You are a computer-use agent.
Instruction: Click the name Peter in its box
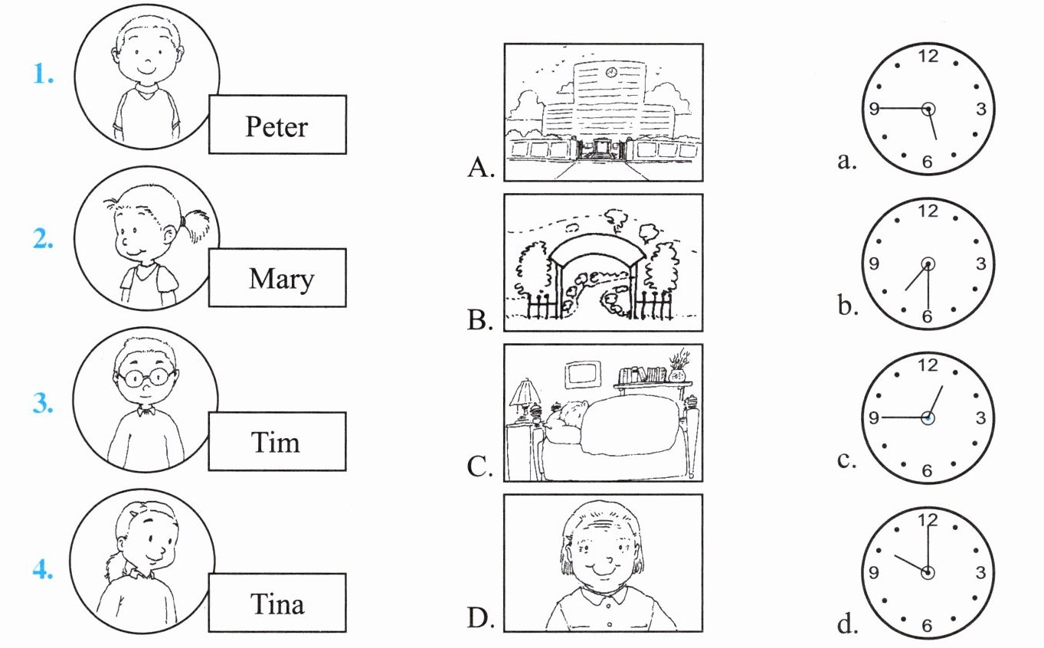(x=277, y=126)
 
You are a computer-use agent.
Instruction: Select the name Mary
(x=282, y=280)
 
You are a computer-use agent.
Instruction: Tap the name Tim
(x=276, y=442)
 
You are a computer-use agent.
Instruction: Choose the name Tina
(x=277, y=604)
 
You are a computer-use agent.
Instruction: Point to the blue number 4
(x=43, y=569)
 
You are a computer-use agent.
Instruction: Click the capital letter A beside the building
(x=480, y=167)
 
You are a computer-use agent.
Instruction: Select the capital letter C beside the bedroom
(x=479, y=466)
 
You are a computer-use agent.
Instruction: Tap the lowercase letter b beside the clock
(x=847, y=306)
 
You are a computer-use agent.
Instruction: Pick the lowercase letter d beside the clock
(x=847, y=623)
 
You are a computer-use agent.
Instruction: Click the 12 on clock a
(x=928, y=57)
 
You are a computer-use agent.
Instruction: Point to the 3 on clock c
(x=980, y=417)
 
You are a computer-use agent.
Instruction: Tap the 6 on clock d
(x=927, y=625)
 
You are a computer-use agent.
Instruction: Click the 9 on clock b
(x=874, y=263)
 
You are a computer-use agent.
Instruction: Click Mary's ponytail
(x=195, y=225)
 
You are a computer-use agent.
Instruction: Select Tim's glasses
(x=146, y=378)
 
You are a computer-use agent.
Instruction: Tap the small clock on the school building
(x=611, y=72)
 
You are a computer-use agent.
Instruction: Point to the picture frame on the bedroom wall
(x=583, y=375)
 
